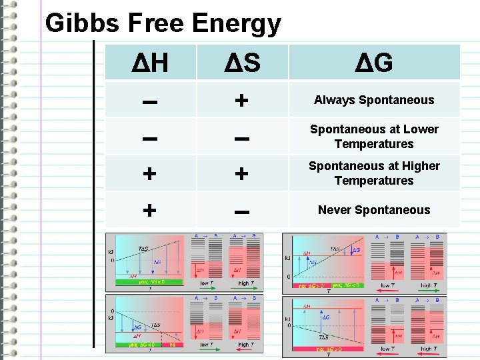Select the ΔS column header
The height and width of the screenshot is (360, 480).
(x=241, y=63)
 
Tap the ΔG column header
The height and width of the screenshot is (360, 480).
(x=373, y=63)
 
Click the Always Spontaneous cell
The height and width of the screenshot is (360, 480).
(x=374, y=100)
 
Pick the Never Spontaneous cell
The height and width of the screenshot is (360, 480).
(x=374, y=210)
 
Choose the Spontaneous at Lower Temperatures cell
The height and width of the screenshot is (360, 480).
(x=374, y=137)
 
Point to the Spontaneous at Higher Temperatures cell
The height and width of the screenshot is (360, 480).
(x=374, y=173)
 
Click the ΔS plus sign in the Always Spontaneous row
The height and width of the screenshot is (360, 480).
(x=241, y=101)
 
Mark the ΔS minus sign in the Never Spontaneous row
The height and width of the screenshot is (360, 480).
(x=241, y=211)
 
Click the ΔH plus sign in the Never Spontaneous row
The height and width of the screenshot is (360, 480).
(x=149, y=211)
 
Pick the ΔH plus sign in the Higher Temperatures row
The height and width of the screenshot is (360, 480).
(x=149, y=174)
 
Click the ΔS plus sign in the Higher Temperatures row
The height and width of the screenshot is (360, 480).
(x=241, y=174)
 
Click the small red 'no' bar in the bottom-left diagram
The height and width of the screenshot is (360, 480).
(x=172, y=345)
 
